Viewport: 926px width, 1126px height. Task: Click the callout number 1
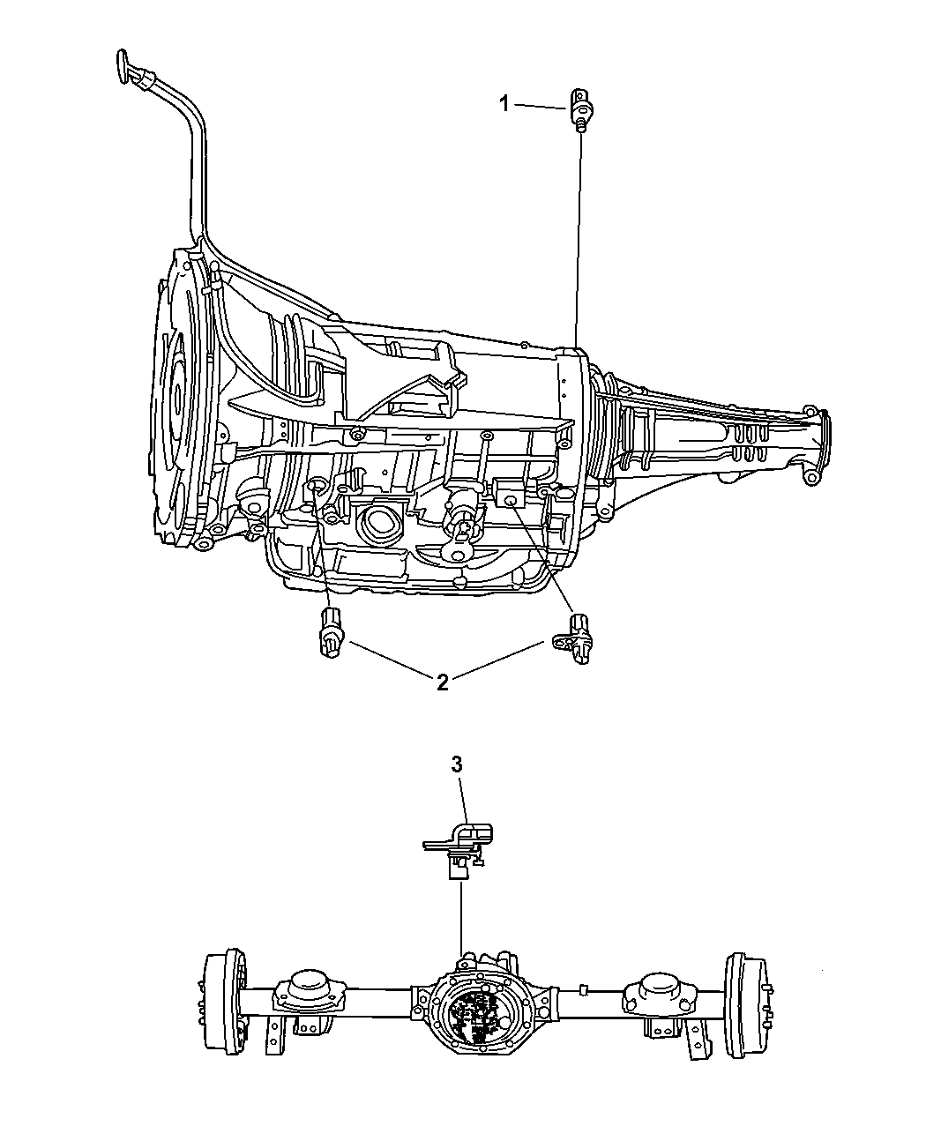504,104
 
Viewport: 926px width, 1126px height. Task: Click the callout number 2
442,682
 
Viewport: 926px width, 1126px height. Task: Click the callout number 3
456,765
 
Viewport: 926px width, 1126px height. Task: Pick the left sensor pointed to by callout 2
332,632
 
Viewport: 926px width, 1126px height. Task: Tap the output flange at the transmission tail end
819,450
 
